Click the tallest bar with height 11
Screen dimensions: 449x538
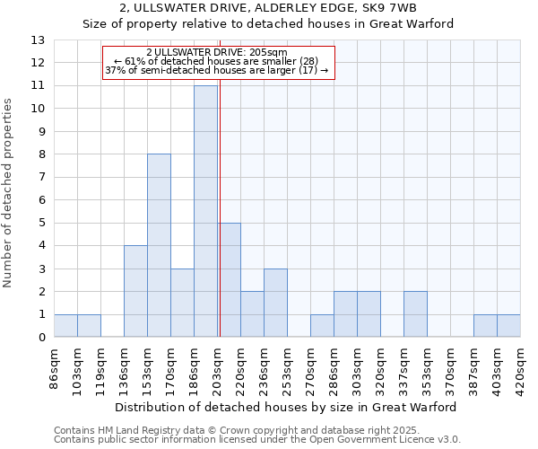[x=205, y=211]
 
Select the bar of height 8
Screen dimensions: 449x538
[x=159, y=245]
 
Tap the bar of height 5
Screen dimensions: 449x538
[x=229, y=280]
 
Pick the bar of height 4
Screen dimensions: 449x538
[x=135, y=291]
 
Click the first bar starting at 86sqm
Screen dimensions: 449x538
[x=65, y=326]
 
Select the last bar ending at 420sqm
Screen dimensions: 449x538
[x=508, y=326]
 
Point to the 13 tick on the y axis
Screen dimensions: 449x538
[x=39, y=40]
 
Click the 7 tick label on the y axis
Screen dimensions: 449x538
[x=40, y=177]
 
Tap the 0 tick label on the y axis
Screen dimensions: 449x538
[x=40, y=338]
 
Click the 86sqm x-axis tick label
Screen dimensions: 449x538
[x=55, y=367]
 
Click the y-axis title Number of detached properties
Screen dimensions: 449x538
[x=9, y=194]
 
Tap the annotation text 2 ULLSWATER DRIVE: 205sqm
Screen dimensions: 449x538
[x=217, y=53]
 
